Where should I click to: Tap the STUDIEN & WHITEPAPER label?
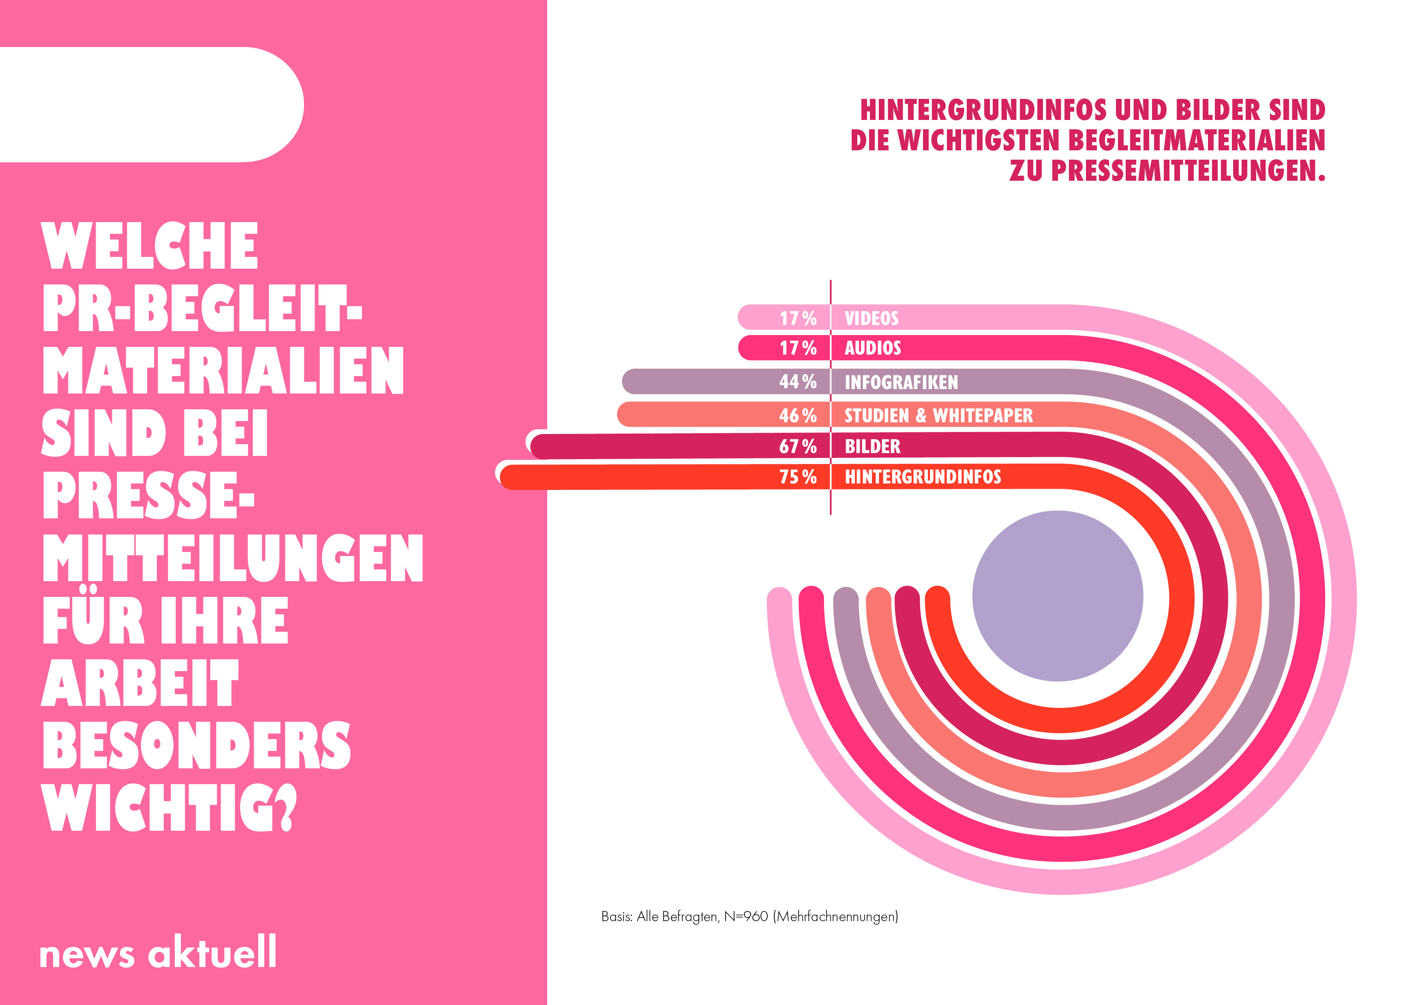pos(938,415)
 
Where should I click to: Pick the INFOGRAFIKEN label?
pos(901,382)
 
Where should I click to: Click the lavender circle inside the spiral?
pos(1057,596)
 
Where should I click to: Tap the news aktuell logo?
pos(158,953)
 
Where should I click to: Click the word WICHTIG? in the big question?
pos(169,807)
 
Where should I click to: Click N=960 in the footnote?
pos(746,916)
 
